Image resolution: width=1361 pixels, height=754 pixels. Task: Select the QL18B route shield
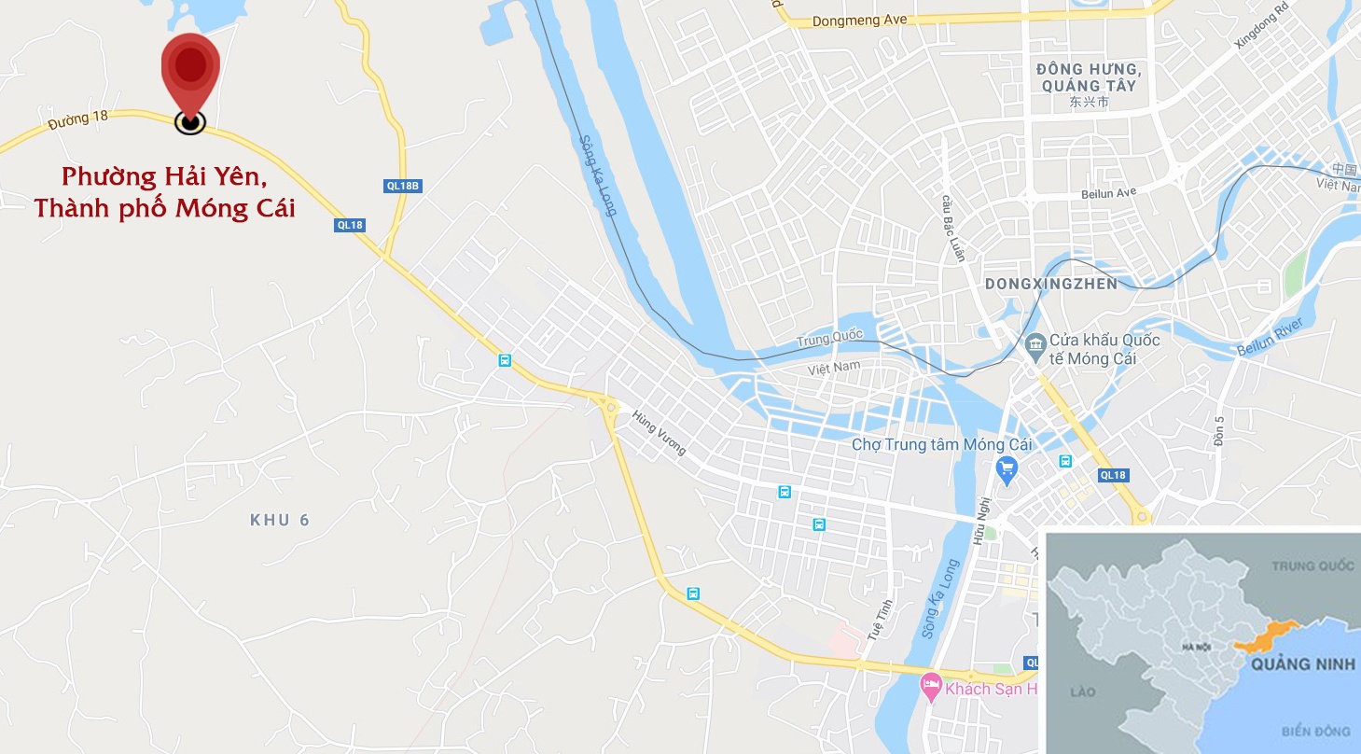tap(404, 186)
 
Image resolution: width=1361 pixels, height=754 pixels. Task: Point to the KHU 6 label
tap(279, 520)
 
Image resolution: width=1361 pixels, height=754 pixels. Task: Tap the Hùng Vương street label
tap(659, 433)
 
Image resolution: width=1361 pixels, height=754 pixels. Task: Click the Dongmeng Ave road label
tap(860, 20)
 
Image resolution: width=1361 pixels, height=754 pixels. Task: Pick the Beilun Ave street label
tap(1109, 192)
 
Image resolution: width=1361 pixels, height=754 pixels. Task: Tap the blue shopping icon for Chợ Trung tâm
tap(1007, 468)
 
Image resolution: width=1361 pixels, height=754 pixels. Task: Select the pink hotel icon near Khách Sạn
tap(930, 689)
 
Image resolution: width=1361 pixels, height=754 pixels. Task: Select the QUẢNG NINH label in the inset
tap(1303, 665)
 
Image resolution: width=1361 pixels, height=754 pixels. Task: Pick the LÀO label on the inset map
tap(1082, 691)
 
